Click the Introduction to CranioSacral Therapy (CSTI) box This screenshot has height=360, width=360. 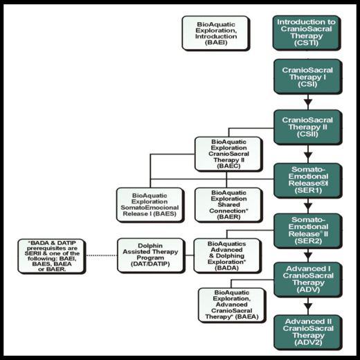pos(307,33)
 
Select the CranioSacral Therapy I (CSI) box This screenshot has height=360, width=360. pos(308,77)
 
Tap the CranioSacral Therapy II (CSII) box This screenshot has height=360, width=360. pos(308,127)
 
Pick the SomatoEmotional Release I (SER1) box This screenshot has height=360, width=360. pos(308,181)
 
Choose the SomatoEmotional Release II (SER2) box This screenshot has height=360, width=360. pos(308,231)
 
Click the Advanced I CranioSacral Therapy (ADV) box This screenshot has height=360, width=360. pos(308,280)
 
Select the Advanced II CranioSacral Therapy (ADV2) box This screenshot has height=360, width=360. pos(308,332)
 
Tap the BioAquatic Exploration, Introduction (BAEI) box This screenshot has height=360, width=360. pos(216,33)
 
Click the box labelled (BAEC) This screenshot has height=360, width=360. pos(228,154)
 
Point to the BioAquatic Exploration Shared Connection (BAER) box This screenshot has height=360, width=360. pos(228,205)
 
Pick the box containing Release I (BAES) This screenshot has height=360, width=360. pos(150,205)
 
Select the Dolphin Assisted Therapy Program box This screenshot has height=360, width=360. pos(151,255)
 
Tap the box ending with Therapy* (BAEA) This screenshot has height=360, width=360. pos(232,305)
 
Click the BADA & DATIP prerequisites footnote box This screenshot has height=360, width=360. pos(52,256)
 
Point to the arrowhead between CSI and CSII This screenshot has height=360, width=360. pos(308,102)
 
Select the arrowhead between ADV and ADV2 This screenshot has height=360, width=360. pos(308,307)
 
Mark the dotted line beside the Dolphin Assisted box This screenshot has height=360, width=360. pos(102,255)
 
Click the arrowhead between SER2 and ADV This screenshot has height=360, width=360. pos(308,256)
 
